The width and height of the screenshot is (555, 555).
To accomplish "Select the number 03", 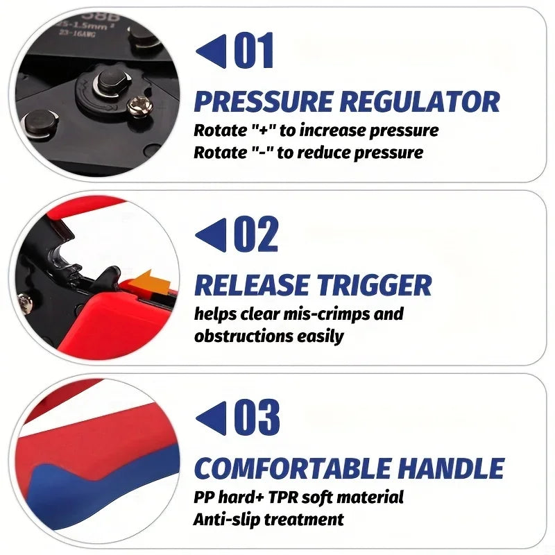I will click(x=257, y=418).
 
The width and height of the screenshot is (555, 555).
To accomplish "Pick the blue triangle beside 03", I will click(x=211, y=418).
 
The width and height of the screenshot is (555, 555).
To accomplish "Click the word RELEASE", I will click(x=251, y=285).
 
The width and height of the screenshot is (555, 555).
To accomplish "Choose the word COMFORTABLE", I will click(x=295, y=469).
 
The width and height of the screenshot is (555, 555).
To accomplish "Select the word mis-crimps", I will click(x=323, y=314).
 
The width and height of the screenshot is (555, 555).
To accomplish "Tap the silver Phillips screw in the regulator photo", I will click(x=138, y=106).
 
